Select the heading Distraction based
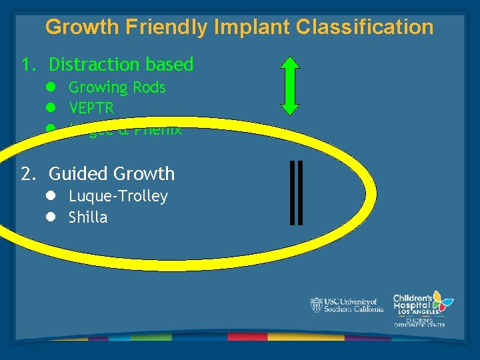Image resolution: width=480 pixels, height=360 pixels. [x=121, y=65]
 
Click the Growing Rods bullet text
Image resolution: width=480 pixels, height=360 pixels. [x=117, y=87]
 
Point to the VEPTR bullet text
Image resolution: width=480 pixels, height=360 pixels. [x=91, y=108]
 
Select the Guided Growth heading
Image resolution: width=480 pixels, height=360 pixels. [x=111, y=174]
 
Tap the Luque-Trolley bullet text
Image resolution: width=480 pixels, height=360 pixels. [x=118, y=196]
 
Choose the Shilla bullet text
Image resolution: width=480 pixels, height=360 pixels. [x=88, y=217]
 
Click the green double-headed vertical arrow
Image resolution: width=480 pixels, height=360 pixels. [x=290, y=86]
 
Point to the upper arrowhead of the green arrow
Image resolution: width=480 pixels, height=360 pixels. [x=290, y=65]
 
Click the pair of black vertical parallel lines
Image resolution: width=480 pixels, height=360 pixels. [x=297, y=191]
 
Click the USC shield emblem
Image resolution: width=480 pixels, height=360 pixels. [x=316, y=305]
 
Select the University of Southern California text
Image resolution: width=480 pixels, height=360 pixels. [x=353, y=305]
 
